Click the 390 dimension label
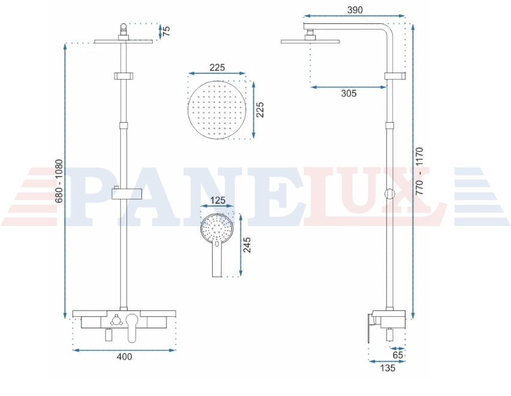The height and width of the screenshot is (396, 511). (x=355, y=10)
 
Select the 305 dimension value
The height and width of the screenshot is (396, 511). (x=349, y=93)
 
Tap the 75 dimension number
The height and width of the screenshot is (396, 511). (x=166, y=31)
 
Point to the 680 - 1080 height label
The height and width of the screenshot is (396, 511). (x=59, y=180)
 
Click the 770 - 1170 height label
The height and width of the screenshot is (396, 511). (x=419, y=171)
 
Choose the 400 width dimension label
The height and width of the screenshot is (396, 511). (x=125, y=356)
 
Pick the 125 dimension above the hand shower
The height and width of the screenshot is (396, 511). (x=217, y=200)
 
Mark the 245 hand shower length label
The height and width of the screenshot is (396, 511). (x=247, y=245)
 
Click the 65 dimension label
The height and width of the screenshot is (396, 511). (x=398, y=355)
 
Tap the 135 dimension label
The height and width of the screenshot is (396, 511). (x=388, y=368)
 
